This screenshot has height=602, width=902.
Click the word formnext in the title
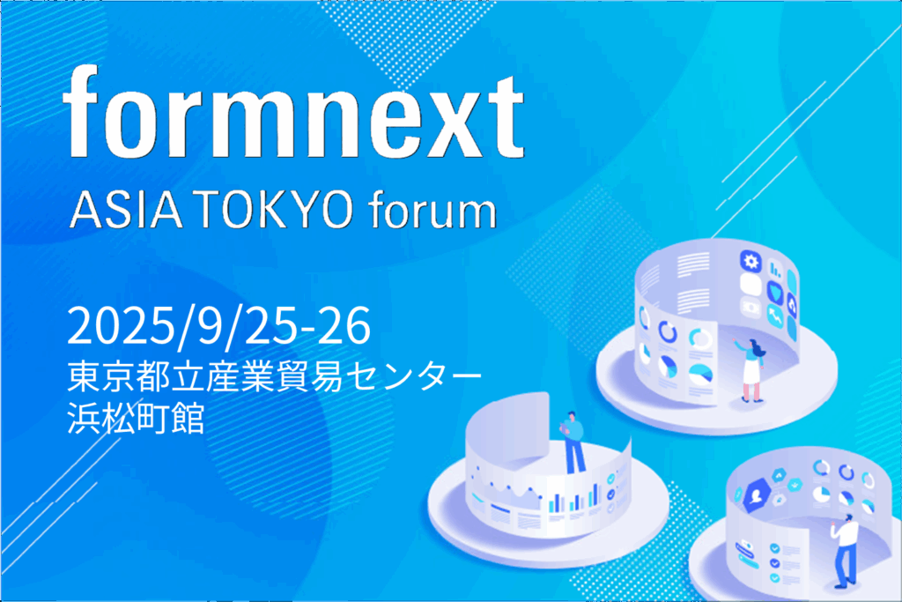(293, 111)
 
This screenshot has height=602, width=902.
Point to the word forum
(432, 211)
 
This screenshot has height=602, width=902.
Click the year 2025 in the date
(121, 326)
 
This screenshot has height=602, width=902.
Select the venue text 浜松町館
(136, 418)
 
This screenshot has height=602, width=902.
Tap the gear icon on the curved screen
(750, 262)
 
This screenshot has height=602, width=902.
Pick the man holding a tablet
(573, 442)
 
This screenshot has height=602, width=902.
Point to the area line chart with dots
(506, 493)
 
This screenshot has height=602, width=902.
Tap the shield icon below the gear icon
(775, 293)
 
